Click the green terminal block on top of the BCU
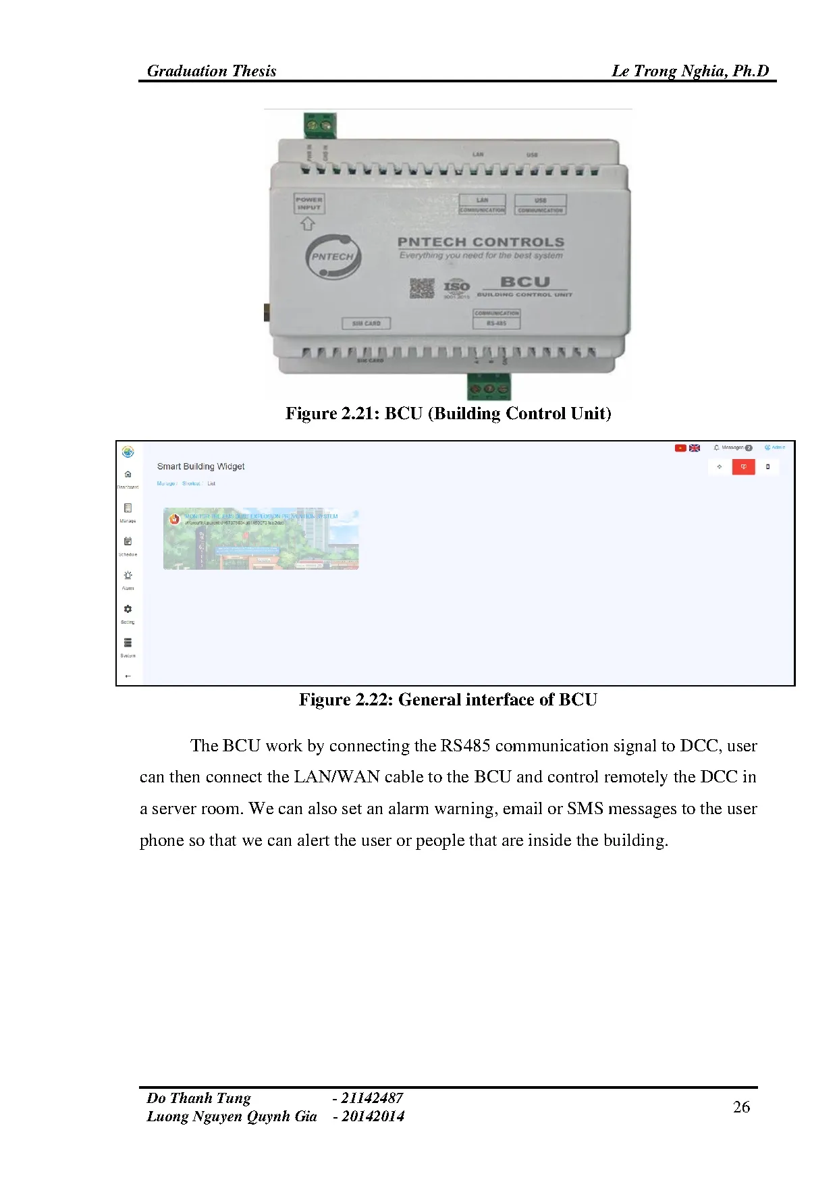pos(320,125)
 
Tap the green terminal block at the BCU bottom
pos(489,387)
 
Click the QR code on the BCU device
pos(422,288)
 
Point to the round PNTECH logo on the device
pos(333,257)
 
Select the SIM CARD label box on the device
pos(366,323)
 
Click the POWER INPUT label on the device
pos(309,203)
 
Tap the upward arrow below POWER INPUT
pos(308,223)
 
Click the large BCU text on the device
pos(525,281)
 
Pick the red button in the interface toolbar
pos(743,466)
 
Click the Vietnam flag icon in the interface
pos(680,448)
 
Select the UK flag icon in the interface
pos(695,448)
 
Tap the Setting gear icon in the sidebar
pos(128,609)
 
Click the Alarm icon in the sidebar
pos(128,575)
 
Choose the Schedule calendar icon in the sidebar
pos(128,541)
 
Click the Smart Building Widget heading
pos(200,466)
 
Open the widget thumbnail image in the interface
pos(261,539)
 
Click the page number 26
pos(741,1107)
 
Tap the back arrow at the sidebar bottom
pos(128,676)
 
